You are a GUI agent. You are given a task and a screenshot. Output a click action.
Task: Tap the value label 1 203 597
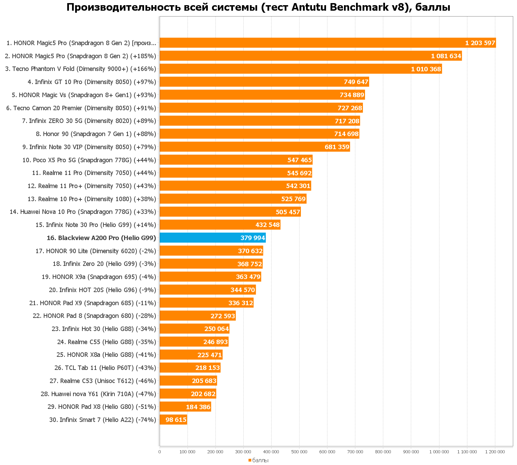(480, 43)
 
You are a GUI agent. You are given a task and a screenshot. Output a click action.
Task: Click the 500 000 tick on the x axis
(299, 452)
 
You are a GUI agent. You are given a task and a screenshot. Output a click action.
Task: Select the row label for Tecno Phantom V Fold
(81, 69)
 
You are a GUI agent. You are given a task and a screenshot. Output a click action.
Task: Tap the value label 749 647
(356, 82)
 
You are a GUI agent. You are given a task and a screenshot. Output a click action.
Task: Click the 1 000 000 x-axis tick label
(439, 452)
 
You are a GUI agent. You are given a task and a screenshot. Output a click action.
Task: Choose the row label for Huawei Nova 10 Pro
(83, 212)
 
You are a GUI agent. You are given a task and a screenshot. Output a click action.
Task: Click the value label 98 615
(176, 420)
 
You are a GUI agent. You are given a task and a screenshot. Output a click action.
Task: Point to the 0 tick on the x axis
(160, 452)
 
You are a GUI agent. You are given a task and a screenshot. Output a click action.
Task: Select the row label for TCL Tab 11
(105, 368)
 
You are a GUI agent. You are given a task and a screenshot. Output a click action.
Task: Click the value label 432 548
(267, 225)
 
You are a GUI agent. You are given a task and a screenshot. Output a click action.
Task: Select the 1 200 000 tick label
(495, 452)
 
